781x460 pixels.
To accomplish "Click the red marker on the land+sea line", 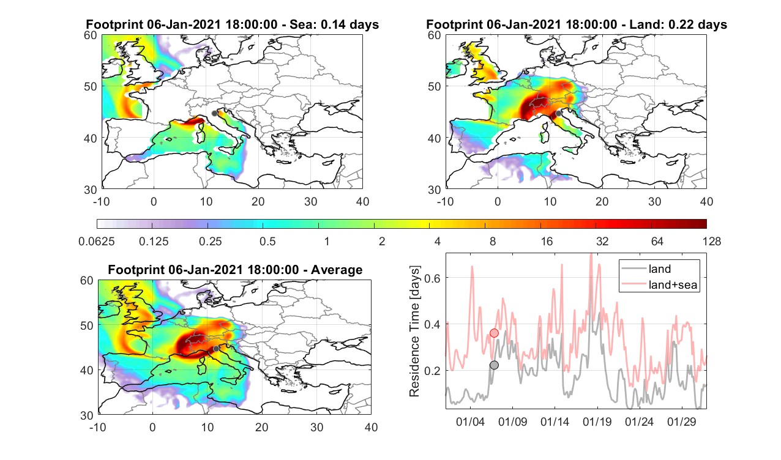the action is pyautogui.click(x=494, y=333).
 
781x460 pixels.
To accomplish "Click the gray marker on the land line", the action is pyautogui.click(x=494, y=365).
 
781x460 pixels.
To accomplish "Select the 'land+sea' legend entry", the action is pyautogui.click(x=660, y=284).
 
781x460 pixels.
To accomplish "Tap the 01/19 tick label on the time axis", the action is pyautogui.click(x=597, y=421).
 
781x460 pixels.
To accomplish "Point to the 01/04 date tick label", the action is pyautogui.click(x=470, y=421).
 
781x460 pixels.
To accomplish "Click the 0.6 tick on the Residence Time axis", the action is pyautogui.click(x=432, y=278).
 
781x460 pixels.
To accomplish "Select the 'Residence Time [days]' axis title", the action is pyautogui.click(x=414, y=332).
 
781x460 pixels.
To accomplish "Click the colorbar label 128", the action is pyautogui.click(x=712, y=241).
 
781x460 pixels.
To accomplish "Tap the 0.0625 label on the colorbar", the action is pyautogui.click(x=97, y=241).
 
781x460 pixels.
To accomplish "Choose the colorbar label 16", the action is pyautogui.click(x=547, y=241).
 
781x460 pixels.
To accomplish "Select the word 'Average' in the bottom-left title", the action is pyautogui.click(x=337, y=270).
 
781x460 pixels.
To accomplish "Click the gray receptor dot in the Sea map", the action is pyautogui.click(x=214, y=113).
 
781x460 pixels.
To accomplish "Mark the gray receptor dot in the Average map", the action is pyautogui.click(x=216, y=349).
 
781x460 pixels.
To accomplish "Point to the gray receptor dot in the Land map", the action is pyautogui.click(x=559, y=113).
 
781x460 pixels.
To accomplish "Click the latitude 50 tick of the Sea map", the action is pyautogui.click(x=90, y=86).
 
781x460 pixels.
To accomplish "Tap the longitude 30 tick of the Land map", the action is pyautogui.click(x=654, y=202).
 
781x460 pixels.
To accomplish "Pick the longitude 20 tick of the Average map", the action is pyautogui.click(x=262, y=427).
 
